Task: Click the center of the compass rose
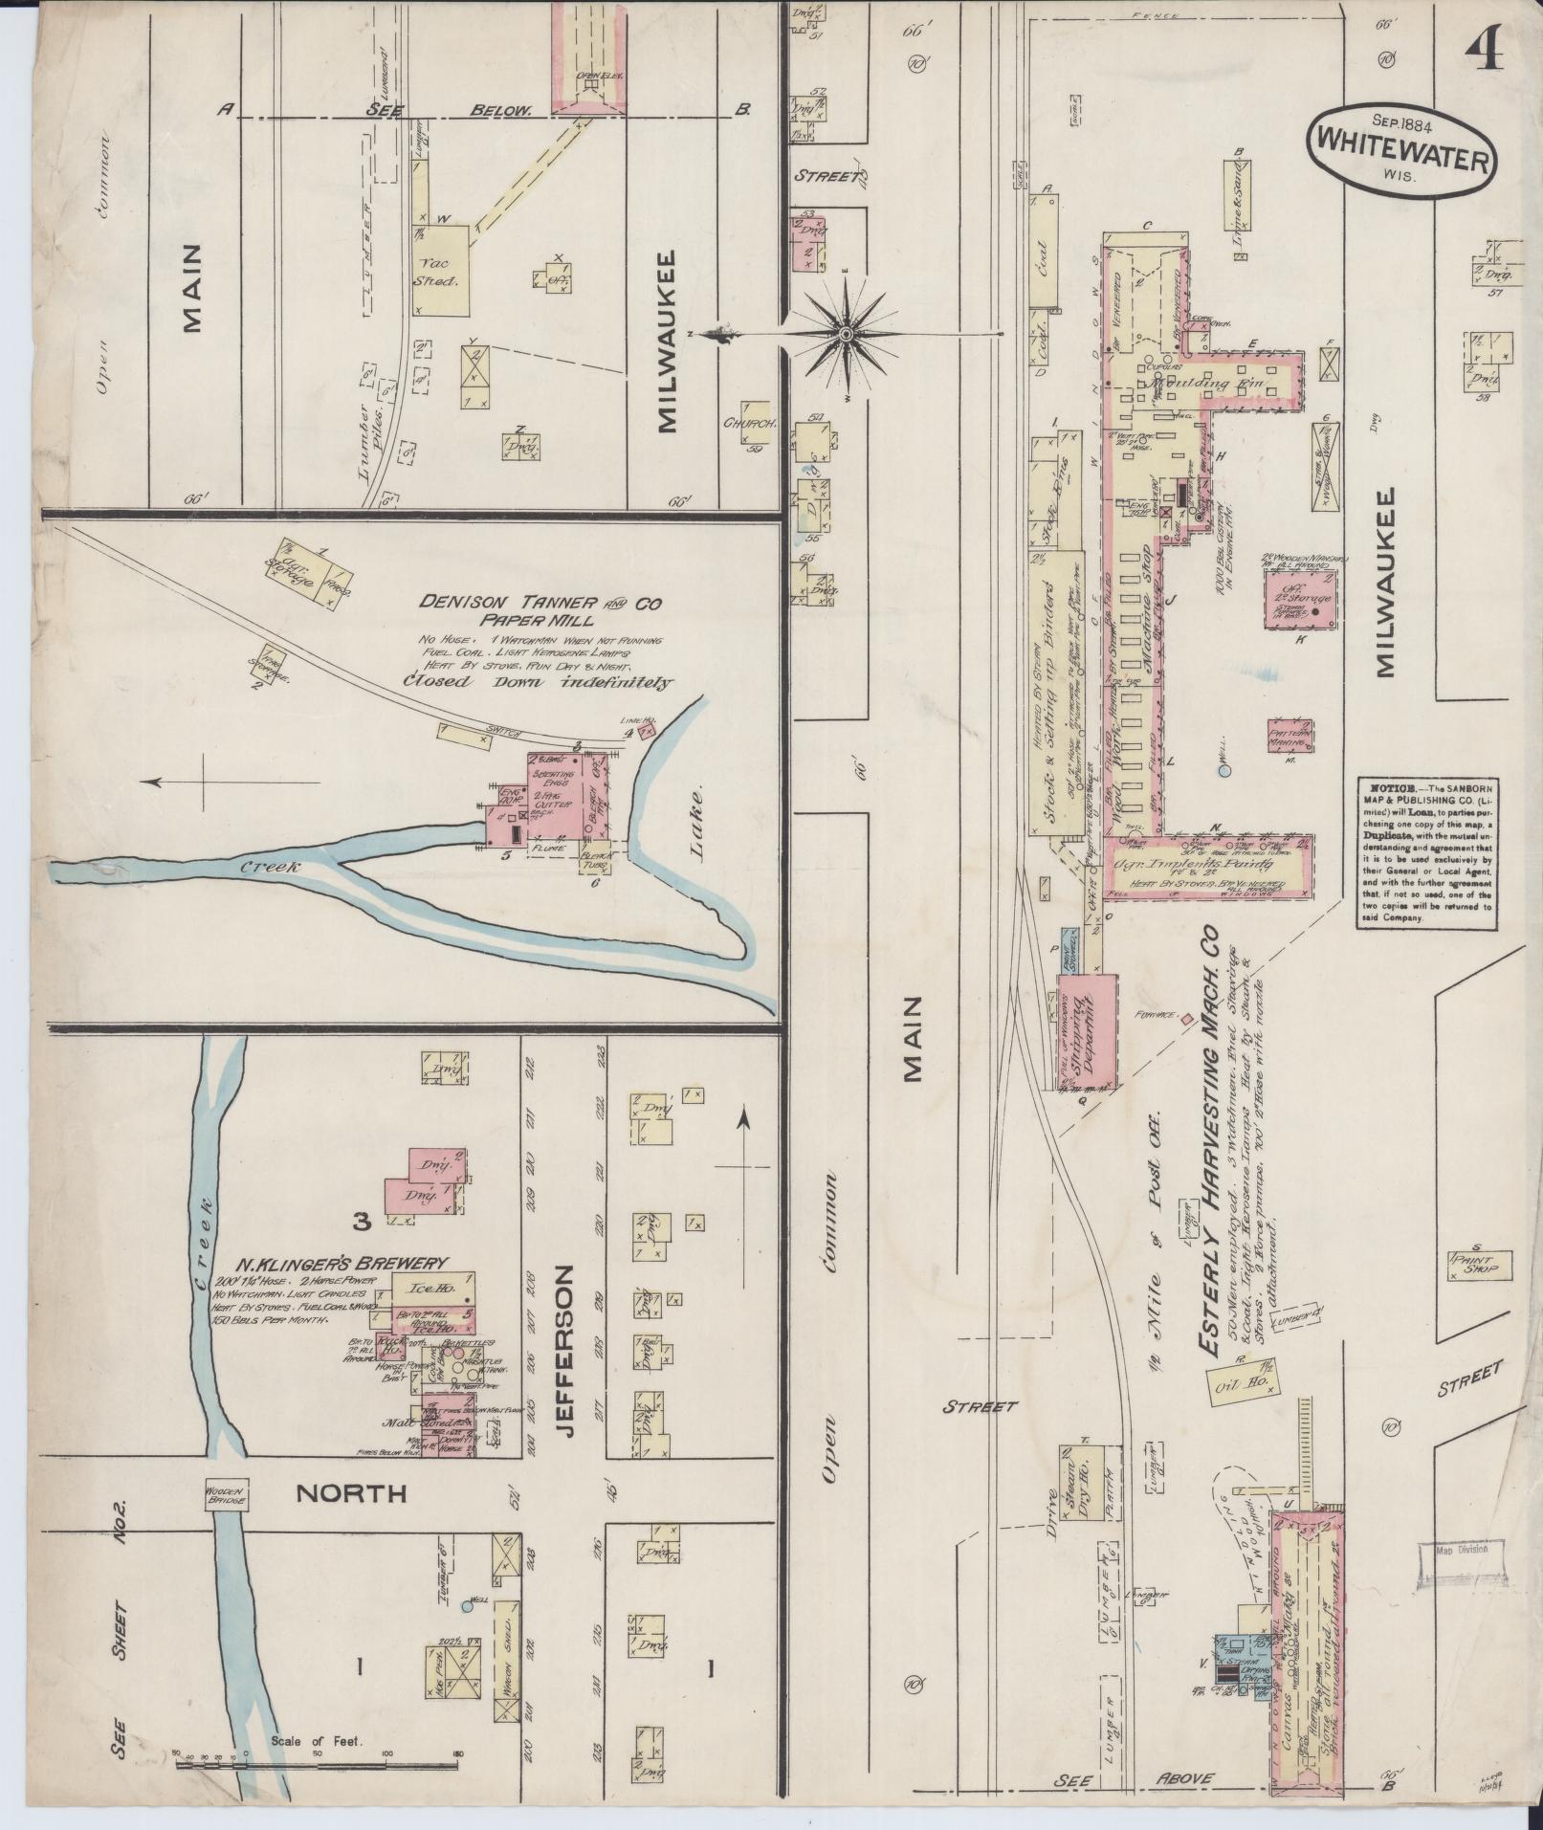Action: [847, 334]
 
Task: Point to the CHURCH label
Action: [749, 423]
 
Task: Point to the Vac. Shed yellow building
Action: [442, 271]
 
